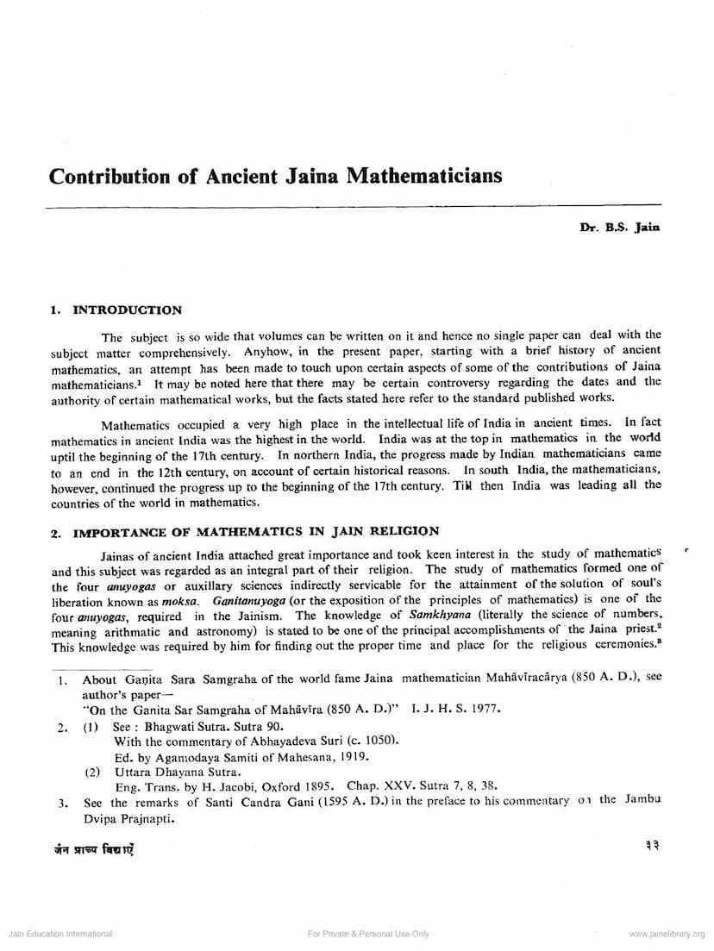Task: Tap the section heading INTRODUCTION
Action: click(x=128, y=310)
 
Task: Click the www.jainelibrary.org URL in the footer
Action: click(x=667, y=934)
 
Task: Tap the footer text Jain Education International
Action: click(x=60, y=934)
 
